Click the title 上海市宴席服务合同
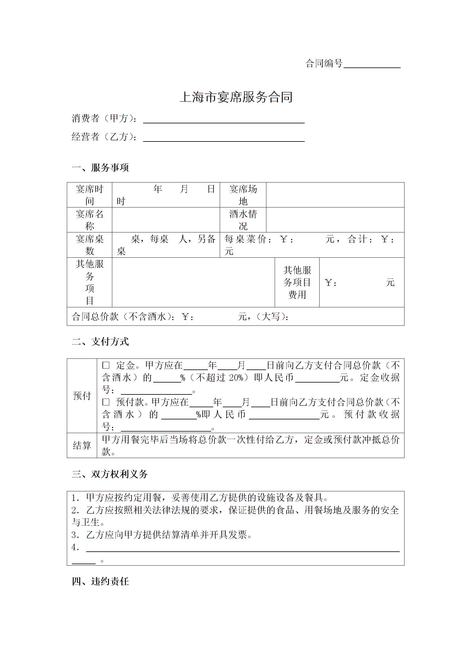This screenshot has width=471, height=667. pos(236,97)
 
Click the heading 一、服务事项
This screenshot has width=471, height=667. pos(100,168)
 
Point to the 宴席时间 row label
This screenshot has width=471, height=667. pos(89,195)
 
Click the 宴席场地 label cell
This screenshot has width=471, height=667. pos(243,195)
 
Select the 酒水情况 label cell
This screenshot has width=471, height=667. pos(243,220)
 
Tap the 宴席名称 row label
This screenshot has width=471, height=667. pos(89,220)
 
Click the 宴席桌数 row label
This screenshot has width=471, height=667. pos(89,245)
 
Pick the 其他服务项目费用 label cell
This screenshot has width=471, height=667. pos(297,282)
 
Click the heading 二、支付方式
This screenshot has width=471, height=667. pos(100,342)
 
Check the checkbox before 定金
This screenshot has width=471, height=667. pos(106,365)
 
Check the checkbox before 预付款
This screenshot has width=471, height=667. pos(106,402)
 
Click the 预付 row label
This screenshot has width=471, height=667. pos(82,396)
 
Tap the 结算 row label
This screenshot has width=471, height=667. pos(82,445)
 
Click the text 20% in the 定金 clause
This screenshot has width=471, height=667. pos(236,377)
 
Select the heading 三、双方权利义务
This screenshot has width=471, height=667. pos(110,474)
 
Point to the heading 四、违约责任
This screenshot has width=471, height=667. pos(100,581)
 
